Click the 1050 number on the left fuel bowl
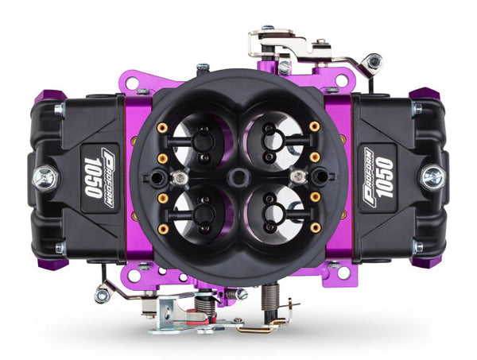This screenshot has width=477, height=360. click(92, 176)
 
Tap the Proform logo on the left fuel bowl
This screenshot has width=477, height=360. click(109, 176)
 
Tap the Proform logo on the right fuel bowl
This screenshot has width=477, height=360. click(369, 176)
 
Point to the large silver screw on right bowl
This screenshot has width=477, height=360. click(432, 176)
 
